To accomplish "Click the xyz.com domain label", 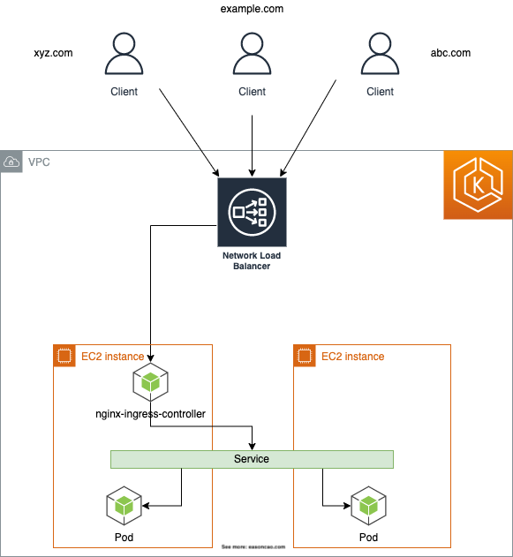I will coord(53,53).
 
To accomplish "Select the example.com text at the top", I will coord(252,9).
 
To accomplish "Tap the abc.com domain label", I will coord(450,53).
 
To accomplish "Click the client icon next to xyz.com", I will coord(124,55).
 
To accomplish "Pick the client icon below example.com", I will coord(252,55).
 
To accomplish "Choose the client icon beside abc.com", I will coord(380,55).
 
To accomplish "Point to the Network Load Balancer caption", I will coord(252,260).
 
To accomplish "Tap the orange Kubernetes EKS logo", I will coord(477,184).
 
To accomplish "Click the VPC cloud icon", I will coord(11,162).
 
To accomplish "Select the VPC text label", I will coord(39,162).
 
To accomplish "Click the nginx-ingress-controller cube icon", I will coord(150,382).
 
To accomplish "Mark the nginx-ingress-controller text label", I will coord(150,413).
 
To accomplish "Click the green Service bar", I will coord(252,459).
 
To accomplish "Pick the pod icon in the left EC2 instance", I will coord(124,506).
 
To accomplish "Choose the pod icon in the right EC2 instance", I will coord(368,506).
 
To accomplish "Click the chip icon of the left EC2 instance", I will coord(64,356).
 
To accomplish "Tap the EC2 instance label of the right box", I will coord(352,357).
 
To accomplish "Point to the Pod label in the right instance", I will coord(368,538).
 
